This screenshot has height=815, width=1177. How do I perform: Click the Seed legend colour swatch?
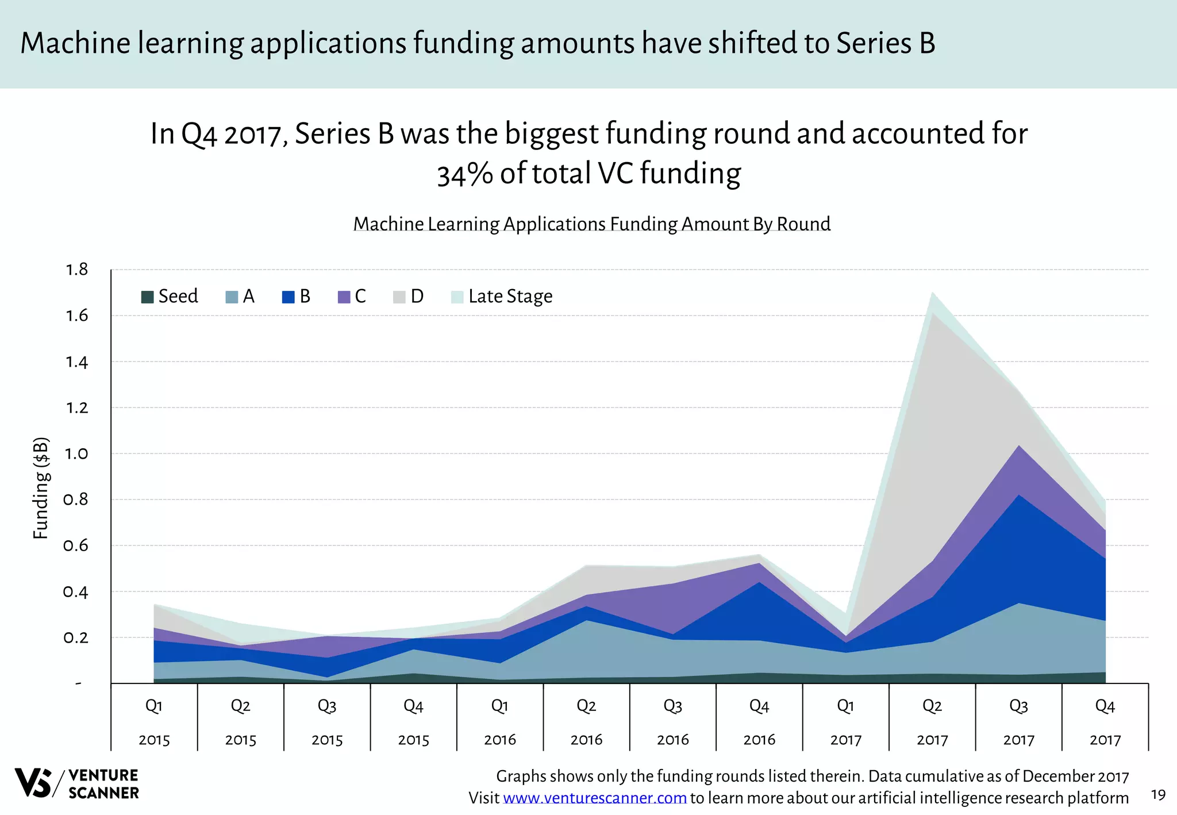147,297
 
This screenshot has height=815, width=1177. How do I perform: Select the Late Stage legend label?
510,297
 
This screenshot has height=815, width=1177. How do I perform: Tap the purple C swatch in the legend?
344,297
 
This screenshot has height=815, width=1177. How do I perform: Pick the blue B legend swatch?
288,297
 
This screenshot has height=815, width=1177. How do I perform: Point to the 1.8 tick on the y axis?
76,270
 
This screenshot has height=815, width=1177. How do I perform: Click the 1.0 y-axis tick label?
76,454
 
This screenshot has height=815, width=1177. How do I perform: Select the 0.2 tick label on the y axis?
76,638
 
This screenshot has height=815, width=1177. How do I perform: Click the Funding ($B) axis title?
40,489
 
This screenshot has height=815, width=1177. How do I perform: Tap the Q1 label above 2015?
154,706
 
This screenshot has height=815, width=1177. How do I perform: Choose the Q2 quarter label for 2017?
932,706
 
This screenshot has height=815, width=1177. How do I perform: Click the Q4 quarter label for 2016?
759,706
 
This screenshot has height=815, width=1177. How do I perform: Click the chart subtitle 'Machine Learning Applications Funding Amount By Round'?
592,224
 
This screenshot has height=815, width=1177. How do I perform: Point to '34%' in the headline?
464,174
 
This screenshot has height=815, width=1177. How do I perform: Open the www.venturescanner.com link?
595,798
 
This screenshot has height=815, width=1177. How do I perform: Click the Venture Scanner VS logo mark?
33,783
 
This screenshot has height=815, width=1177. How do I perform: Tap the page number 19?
1158,795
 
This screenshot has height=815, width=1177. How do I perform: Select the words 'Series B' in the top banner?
886,44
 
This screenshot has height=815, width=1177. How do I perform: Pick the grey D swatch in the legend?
399,297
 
